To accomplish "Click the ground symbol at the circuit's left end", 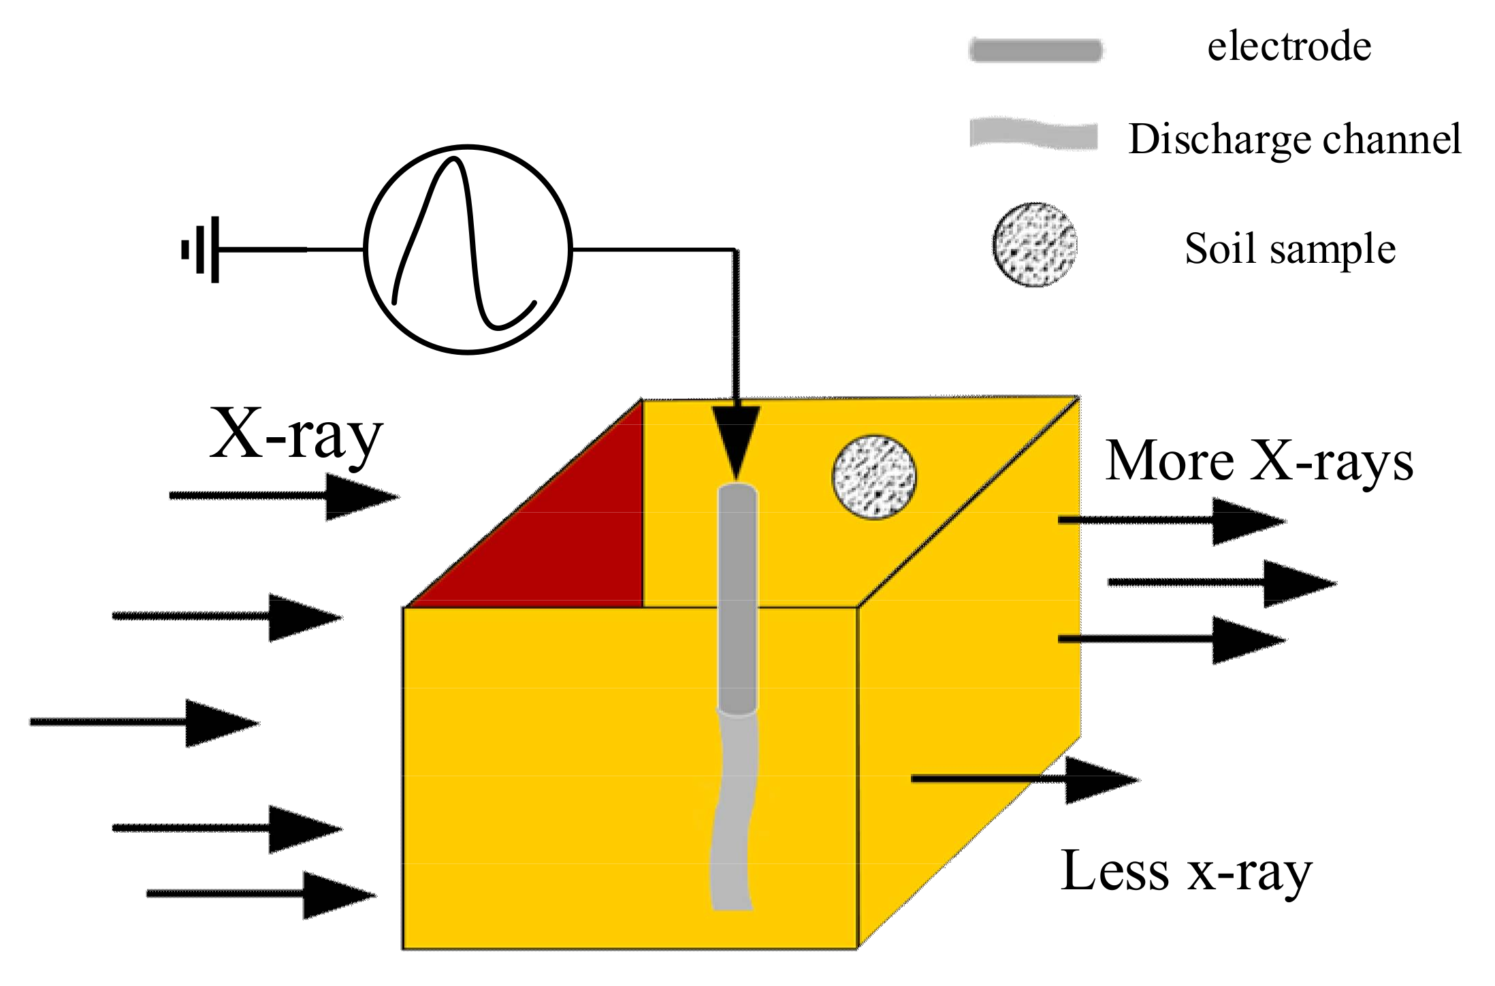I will pos(202,250).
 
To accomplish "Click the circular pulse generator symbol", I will pos(468,249).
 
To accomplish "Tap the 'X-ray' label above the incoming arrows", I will pos(296,434).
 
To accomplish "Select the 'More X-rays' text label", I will pos(1259,462).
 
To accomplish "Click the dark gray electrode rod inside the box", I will pos(738,599).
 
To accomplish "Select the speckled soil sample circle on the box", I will pos(874,477).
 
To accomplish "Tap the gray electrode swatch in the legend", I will pos(1035,50).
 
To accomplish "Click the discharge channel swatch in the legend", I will pos(1033,134).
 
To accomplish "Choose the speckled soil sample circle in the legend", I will pos(1035,244).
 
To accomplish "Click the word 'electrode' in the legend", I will pos(1289,47).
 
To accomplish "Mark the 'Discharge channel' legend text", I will pos(1294,140).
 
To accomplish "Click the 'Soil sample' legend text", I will pos(1290,249).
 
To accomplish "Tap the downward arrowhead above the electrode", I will pos(736,439).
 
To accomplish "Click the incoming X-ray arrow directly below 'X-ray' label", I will pos(284,496).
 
